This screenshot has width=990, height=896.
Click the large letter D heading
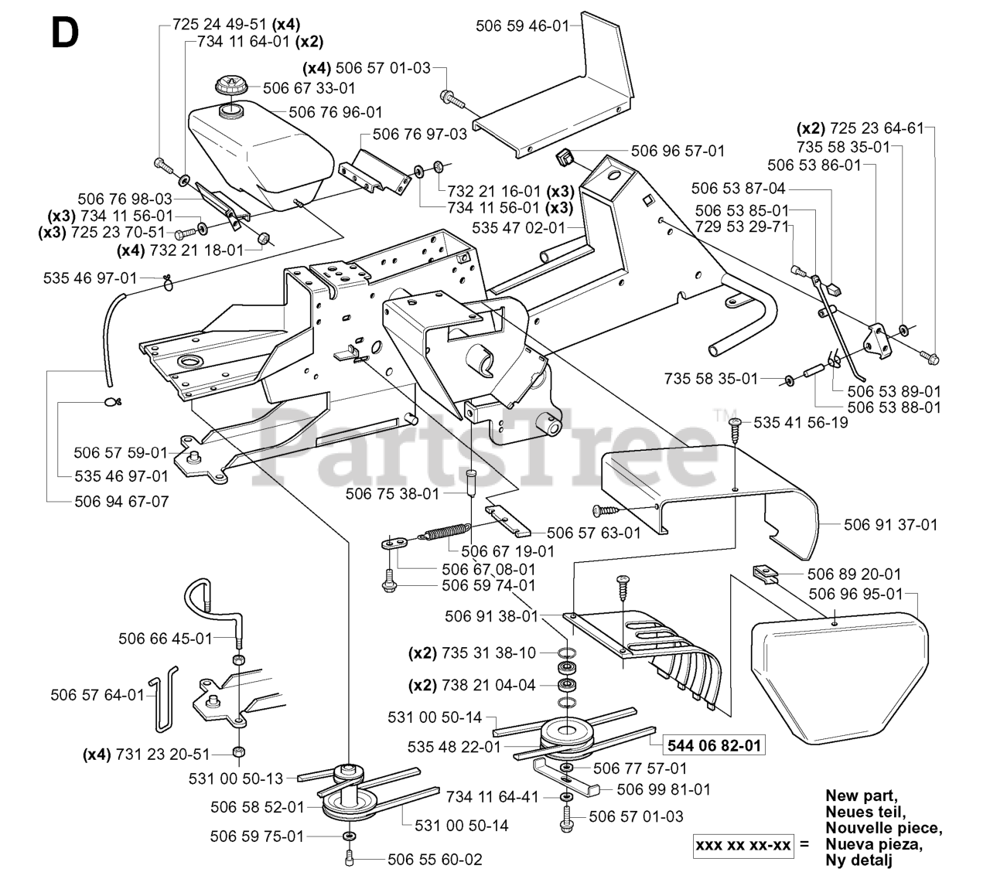[x=65, y=33]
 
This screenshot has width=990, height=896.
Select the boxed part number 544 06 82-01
[x=714, y=745]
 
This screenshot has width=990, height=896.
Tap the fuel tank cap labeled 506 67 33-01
[x=233, y=86]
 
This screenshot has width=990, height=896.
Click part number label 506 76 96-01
[x=336, y=113]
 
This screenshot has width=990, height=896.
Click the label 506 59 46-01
[x=523, y=26]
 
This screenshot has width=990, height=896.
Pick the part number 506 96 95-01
[x=856, y=594]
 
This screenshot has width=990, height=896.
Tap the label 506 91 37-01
[x=891, y=524]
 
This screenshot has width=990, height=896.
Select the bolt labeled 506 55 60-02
[x=349, y=860]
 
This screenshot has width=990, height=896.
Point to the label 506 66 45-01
[x=166, y=639]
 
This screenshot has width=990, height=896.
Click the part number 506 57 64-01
[x=97, y=695]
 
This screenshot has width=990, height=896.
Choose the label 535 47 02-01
[x=519, y=228]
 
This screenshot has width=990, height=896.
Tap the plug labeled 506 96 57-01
[x=563, y=158]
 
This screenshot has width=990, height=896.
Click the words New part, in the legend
[x=862, y=795]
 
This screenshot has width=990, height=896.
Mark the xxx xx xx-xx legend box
[x=743, y=845]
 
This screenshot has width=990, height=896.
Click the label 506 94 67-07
[x=122, y=501]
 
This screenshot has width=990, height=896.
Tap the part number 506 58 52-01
[x=258, y=807]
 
